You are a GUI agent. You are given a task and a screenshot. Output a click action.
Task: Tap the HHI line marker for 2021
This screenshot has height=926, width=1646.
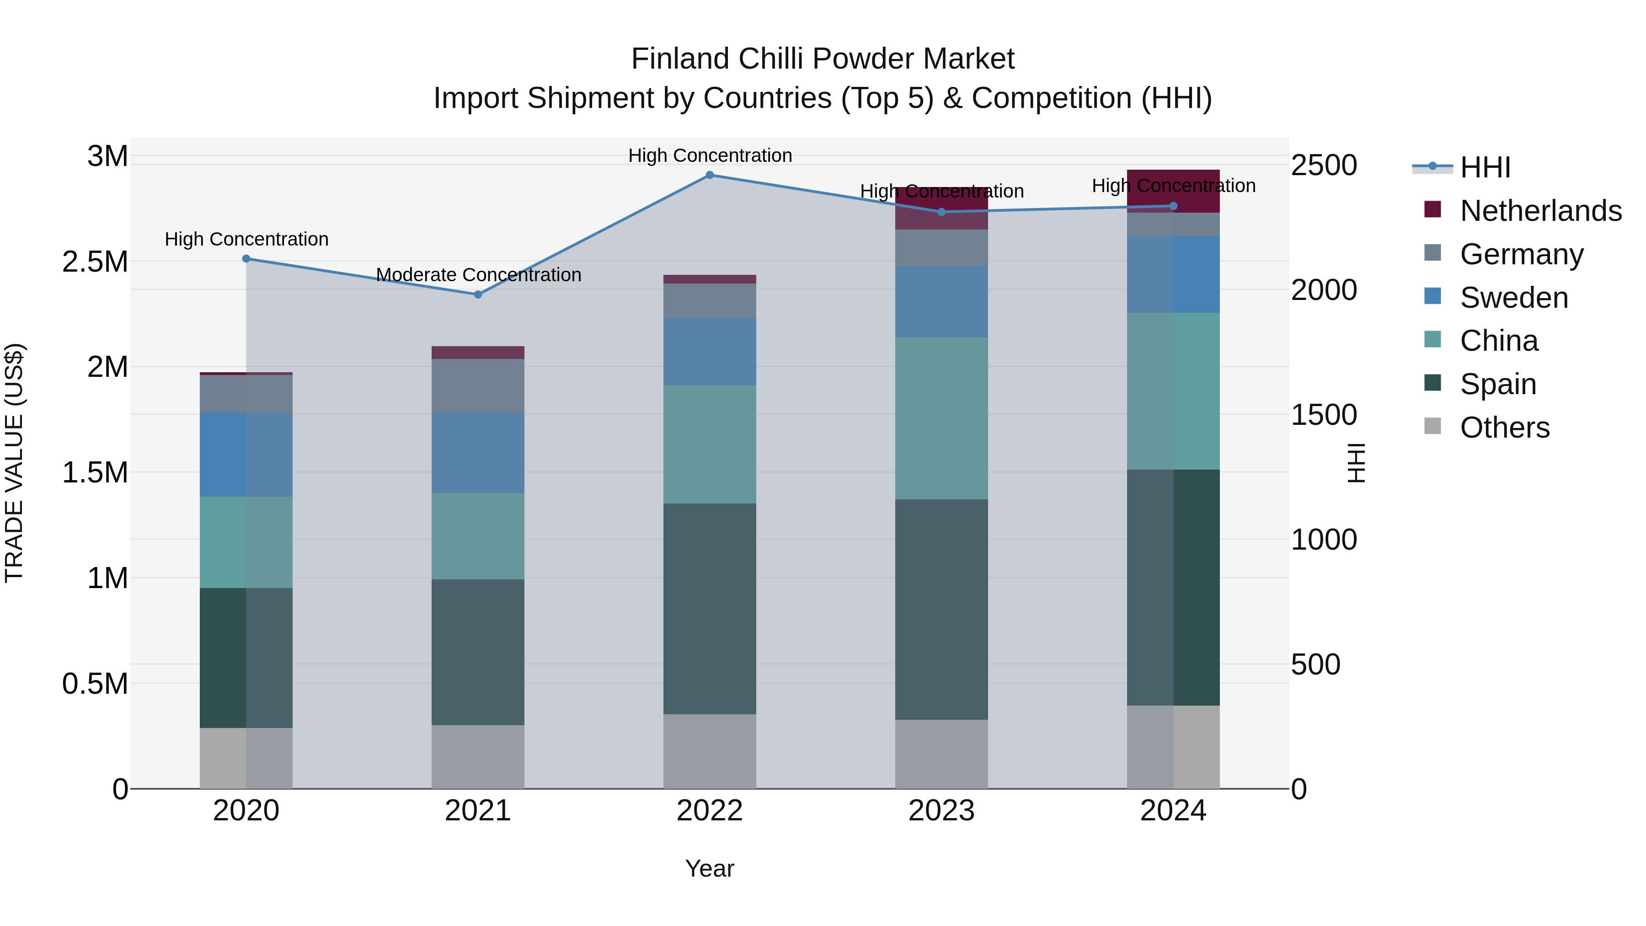click(x=477, y=294)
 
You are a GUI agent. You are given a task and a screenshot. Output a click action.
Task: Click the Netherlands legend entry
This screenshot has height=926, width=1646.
click(x=1540, y=211)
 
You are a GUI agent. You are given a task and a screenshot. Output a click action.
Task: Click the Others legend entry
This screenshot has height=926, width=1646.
click(x=1504, y=428)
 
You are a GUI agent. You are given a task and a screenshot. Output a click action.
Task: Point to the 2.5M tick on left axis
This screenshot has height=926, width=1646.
click(x=95, y=262)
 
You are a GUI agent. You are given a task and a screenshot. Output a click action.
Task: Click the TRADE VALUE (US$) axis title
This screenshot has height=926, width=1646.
click(x=14, y=463)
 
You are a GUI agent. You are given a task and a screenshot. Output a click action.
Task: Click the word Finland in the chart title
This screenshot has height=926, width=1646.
click(x=680, y=59)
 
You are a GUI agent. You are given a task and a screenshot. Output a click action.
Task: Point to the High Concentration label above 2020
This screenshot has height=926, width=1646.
click(x=246, y=239)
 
